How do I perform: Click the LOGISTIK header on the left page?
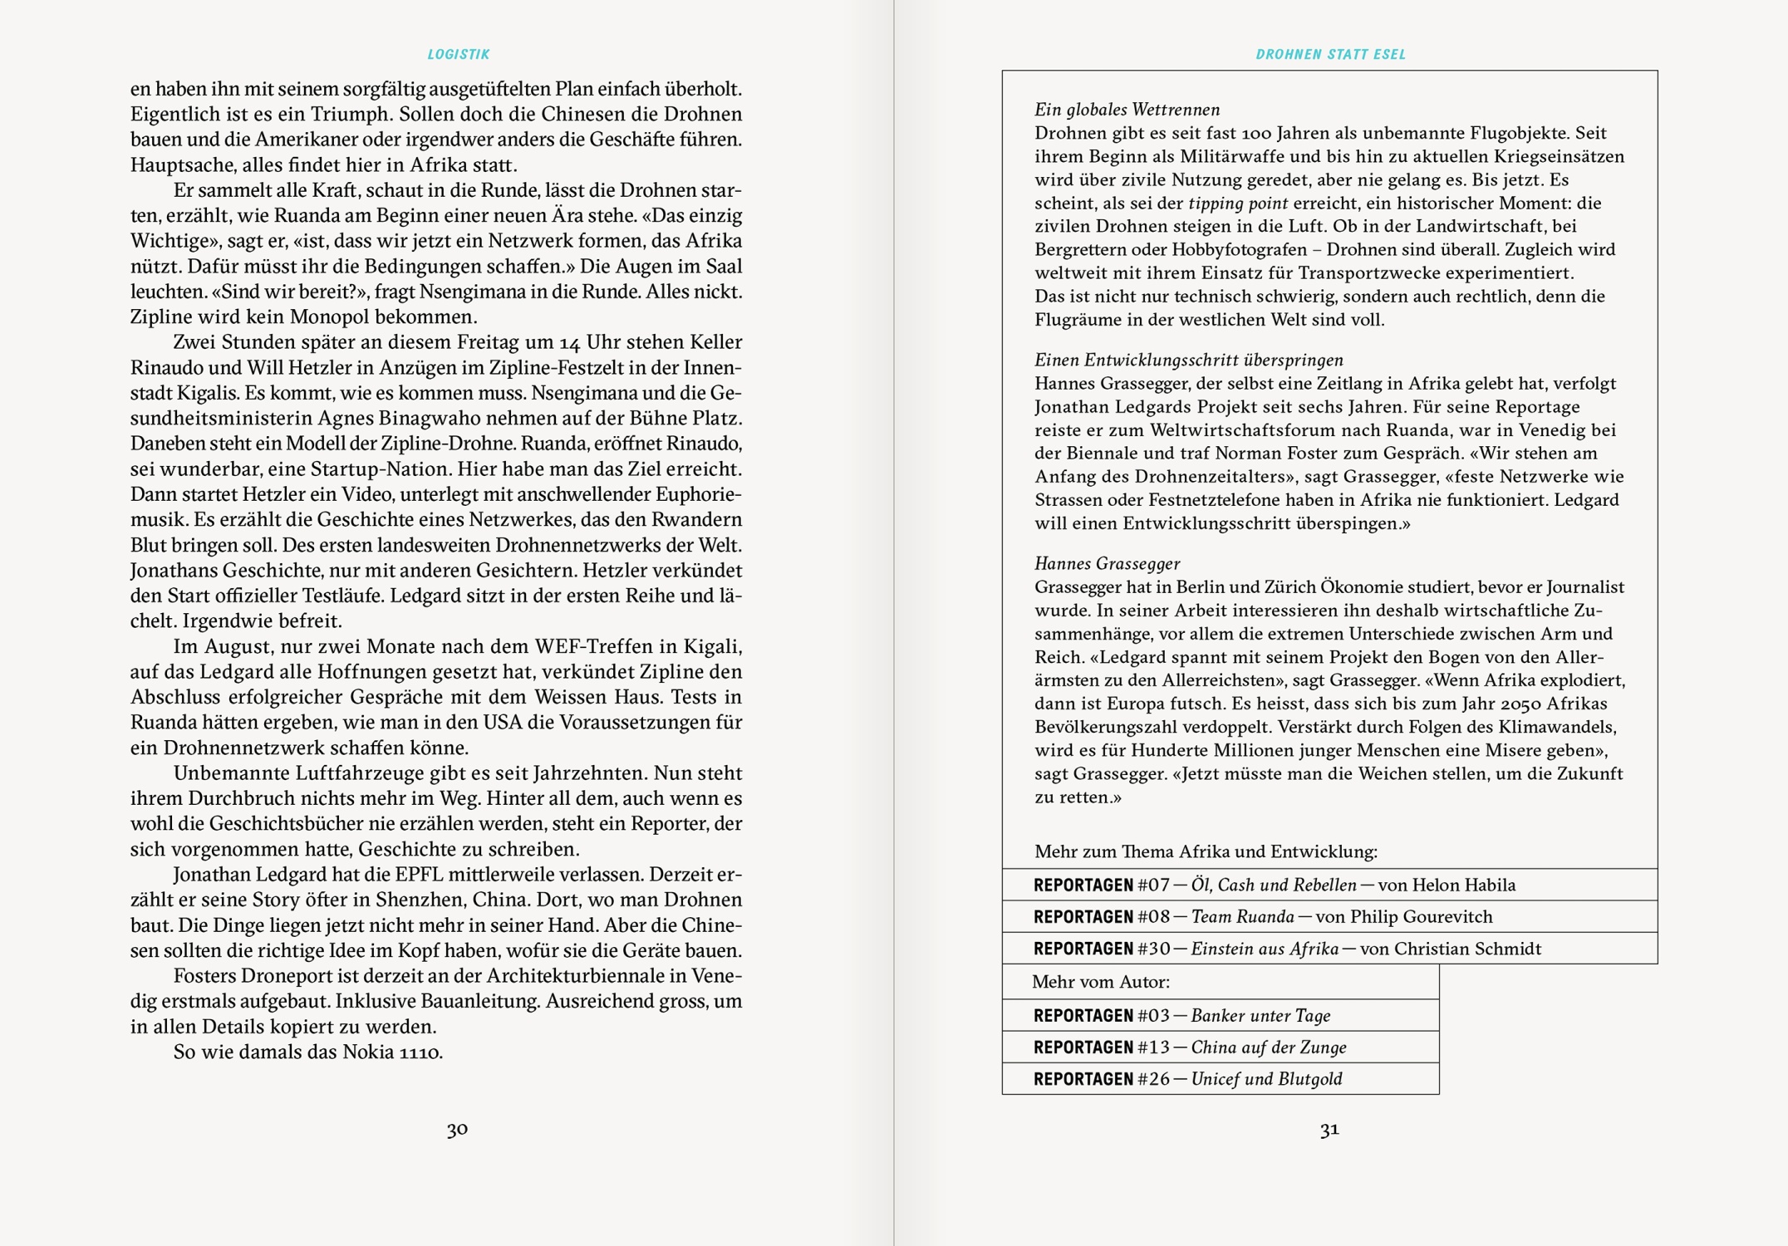(x=459, y=55)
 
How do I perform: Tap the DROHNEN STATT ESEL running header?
(x=1330, y=55)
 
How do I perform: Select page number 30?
(x=457, y=1129)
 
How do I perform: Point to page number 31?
(x=1329, y=1129)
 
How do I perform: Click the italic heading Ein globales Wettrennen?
(x=1127, y=110)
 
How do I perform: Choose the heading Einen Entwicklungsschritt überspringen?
(x=1188, y=360)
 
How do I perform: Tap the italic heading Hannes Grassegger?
(x=1107, y=563)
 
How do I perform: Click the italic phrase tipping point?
(x=1238, y=203)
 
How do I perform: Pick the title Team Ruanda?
(x=1242, y=917)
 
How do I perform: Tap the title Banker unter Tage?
(x=1260, y=1016)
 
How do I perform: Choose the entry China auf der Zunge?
(x=1268, y=1047)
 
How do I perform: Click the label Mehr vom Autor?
(x=1100, y=982)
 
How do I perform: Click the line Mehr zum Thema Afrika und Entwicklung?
(x=1206, y=851)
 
